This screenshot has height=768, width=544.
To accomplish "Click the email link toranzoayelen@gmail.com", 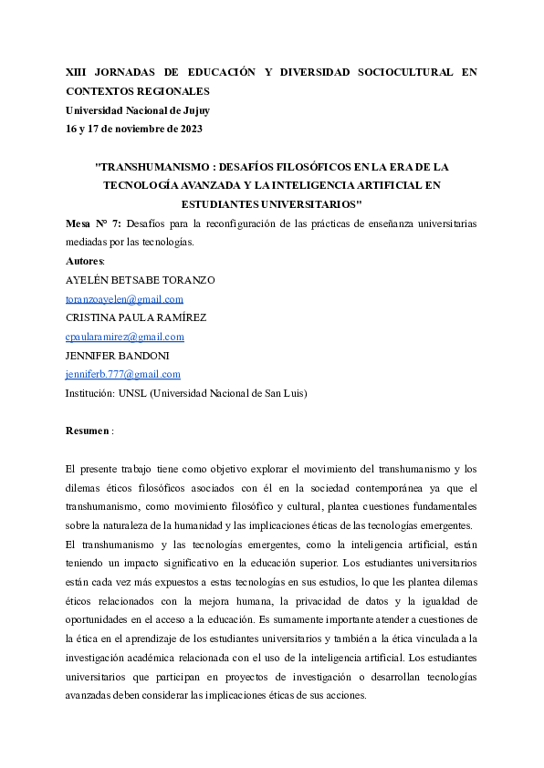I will [124, 299].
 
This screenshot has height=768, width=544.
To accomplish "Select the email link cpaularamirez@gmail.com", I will [125, 337].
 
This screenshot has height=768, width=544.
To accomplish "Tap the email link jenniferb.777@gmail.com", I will [123, 374].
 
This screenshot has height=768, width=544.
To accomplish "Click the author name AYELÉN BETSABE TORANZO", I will [141, 280].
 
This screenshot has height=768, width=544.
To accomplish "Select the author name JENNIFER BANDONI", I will [117, 356].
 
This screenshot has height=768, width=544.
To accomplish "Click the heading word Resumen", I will [88, 430].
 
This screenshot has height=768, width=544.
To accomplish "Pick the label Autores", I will [85, 261].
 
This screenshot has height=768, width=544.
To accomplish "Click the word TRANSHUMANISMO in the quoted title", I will [152, 167].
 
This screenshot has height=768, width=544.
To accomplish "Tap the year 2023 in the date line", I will [190, 129].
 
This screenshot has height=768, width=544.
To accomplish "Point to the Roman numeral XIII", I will [77, 71].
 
